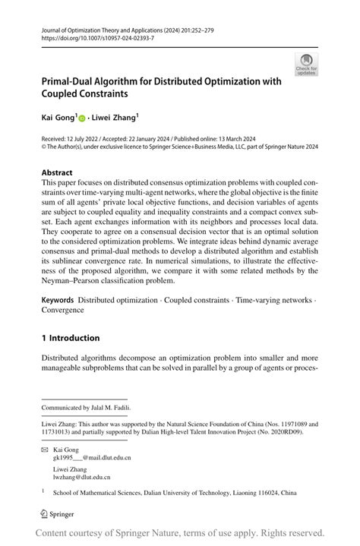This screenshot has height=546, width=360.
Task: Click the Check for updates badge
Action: click(x=306, y=65)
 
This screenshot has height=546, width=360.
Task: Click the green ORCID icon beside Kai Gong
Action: click(x=81, y=119)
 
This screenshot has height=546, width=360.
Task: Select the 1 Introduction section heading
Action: click(x=71, y=338)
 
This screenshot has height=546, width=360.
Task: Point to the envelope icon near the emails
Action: click(x=45, y=450)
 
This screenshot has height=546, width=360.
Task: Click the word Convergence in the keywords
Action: click(x=62, y=310)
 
